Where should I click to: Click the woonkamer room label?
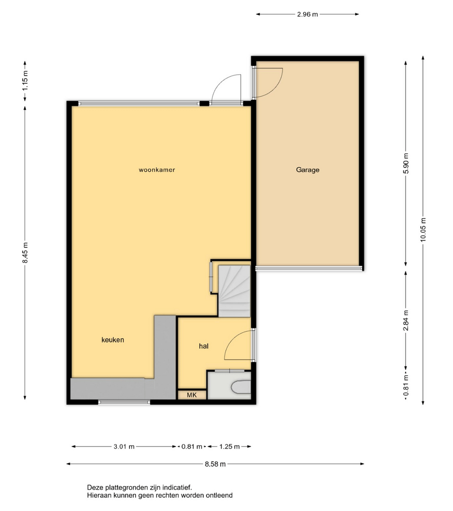point(157,170)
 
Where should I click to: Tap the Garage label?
point(308,170)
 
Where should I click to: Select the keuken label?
point(112,340)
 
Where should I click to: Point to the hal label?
point(204,346)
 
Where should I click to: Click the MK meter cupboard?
point(192,395)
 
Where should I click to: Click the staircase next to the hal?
point(234,291)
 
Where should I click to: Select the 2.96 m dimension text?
point(307,14)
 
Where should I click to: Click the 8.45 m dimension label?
point(26,253)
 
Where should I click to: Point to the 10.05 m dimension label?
point(423,230)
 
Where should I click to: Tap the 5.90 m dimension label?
point(406,164)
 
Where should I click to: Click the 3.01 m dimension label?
point(124,447)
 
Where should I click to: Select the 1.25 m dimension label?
point(230,447)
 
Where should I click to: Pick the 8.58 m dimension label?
point(215,464)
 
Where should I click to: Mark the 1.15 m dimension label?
point(26,81)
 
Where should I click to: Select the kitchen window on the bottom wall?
point(124,403)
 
